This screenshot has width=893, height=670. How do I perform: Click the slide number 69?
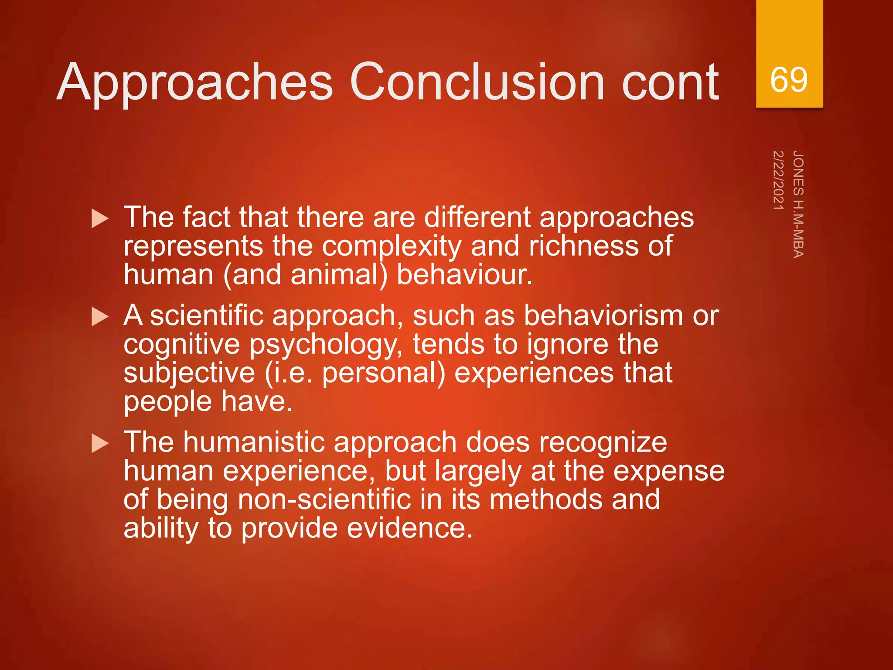tap(789, 80)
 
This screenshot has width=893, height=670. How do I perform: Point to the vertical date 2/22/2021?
tap(778, 180)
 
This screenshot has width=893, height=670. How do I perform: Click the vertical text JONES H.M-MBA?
tap(798, 204)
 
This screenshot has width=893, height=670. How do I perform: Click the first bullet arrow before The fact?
tap(100, 218)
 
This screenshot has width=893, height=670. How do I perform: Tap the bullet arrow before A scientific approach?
tap(100, 317)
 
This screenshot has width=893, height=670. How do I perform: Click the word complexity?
tap(392, 247)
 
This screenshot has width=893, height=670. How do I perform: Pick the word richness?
tap(585, 246)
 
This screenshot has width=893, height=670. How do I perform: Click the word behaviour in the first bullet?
tap(464, 275)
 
